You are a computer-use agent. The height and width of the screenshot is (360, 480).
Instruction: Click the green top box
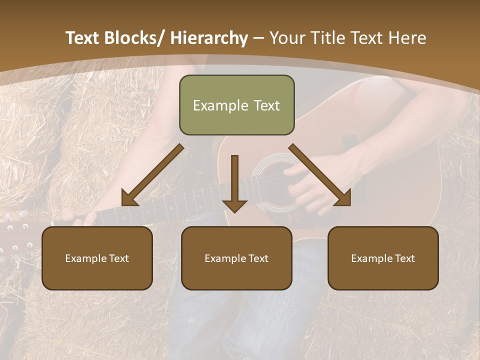coord(236,105)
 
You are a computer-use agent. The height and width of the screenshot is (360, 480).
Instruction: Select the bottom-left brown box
coord(97,258)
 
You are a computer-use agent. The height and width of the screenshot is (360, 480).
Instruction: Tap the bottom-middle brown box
coord(236,258)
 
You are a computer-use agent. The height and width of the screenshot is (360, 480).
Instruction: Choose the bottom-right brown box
coord(383,258)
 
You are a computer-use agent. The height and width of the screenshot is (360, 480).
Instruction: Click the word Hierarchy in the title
coord(209,38)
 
